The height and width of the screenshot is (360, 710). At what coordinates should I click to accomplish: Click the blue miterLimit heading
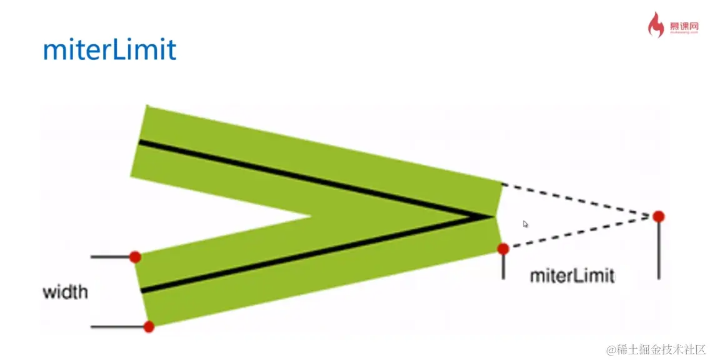(x=109, y=50)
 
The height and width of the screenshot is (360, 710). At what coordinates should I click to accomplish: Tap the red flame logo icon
(x=656, y=26)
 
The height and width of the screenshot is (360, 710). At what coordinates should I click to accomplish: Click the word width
(x=66, y=292)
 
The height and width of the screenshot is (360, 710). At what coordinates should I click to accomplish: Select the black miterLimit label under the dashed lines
(x=571, y=276)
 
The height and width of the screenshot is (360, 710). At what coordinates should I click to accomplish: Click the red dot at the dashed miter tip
(x=658, y=216)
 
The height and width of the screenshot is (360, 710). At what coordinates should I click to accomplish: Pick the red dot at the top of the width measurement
(x=135, y=257)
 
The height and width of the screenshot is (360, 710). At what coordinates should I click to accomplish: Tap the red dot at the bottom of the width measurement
(x=149, y=326)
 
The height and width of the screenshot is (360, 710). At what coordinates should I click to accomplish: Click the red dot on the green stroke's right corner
(x=503, y=249)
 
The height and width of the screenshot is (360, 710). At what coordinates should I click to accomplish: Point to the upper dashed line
(x=575, y=199)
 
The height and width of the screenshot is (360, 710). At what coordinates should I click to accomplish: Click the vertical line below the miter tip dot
(x=658, y=250)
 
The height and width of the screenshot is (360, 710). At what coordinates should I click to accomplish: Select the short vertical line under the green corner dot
(x=503, y=266)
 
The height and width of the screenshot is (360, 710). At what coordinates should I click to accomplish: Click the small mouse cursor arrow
(x=526, y=224)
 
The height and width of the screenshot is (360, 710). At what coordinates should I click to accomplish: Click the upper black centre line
(x=312, y=180)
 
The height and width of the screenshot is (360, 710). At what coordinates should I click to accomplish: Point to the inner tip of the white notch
(x=311, y=217)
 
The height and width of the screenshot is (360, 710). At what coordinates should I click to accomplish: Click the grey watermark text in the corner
(x=656, y=349)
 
